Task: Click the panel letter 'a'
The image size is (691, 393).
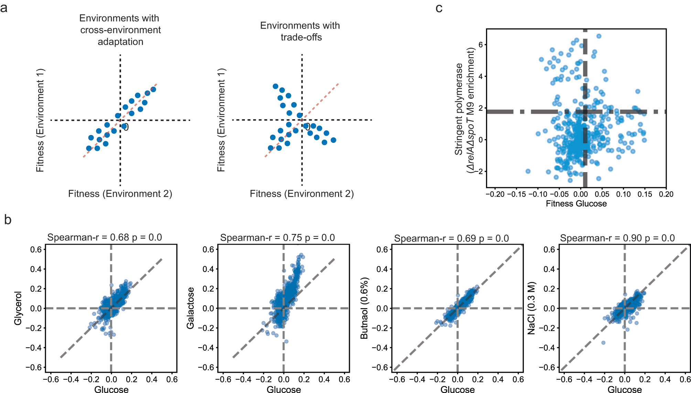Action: [x=4, y=8]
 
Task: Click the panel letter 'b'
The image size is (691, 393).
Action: [x=8, y=220]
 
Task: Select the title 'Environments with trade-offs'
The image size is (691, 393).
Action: [x=300, y=31]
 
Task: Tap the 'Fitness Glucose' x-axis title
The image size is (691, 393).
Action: [x=576, y=204]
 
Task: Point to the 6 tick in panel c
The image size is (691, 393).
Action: [x=480, y=45]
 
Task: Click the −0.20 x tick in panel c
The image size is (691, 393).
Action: [x=495, y=194]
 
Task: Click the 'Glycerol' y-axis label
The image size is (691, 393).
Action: [x=18, y=308]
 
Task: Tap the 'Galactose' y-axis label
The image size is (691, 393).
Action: [x=190, y=308]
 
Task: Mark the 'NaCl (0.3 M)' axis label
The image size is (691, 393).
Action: [x=531, y=308]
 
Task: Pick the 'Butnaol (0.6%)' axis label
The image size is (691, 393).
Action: [x=364, y=308]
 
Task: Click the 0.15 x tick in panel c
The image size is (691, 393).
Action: [x=645, y=194]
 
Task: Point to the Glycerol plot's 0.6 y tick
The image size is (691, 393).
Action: [x=36, y=249]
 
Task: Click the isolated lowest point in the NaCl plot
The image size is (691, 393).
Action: [x=603, y=343]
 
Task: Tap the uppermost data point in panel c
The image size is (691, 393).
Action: [x=599, y=36]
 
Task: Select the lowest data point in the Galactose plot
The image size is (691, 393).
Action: [x=286, y=341]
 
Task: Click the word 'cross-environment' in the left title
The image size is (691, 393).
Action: [x=120, y=30]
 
